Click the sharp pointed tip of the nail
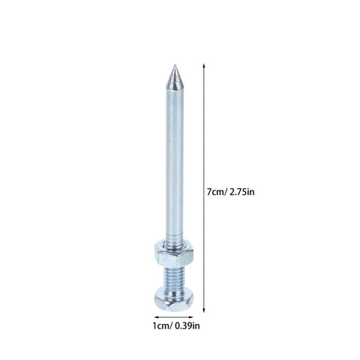pyautogui.click(x=174, y=65)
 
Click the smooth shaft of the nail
pyautogui.click(x=174, y=163)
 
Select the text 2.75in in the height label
pyautogui.click(x=242, y=192)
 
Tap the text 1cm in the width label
pyautogui.click(x=161, y=326)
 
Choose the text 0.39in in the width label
pyautogui.click(x=187, y=326)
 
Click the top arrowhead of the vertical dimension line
pyautogui.click(x=204, y=66)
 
